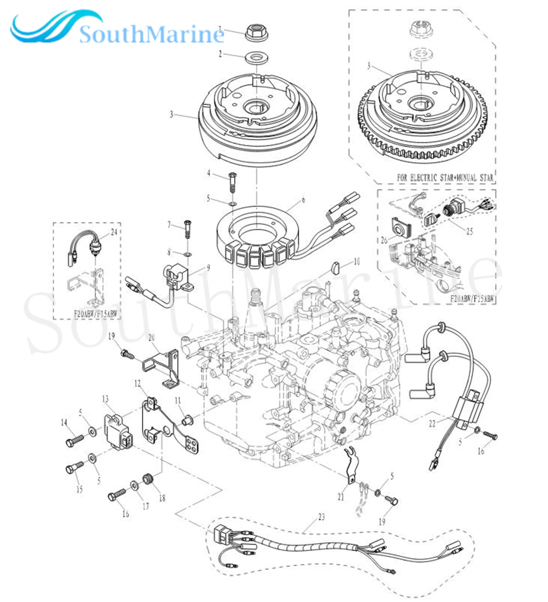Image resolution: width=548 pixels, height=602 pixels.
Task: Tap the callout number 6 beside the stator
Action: click(x=303, y=200)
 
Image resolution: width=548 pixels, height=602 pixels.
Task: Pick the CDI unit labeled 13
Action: click(x=117, y=431)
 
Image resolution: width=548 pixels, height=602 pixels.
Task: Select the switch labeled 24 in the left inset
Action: click(x=96, y=248)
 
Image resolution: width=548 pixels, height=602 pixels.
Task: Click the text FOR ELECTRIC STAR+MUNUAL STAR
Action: click(x=445, y=177)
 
